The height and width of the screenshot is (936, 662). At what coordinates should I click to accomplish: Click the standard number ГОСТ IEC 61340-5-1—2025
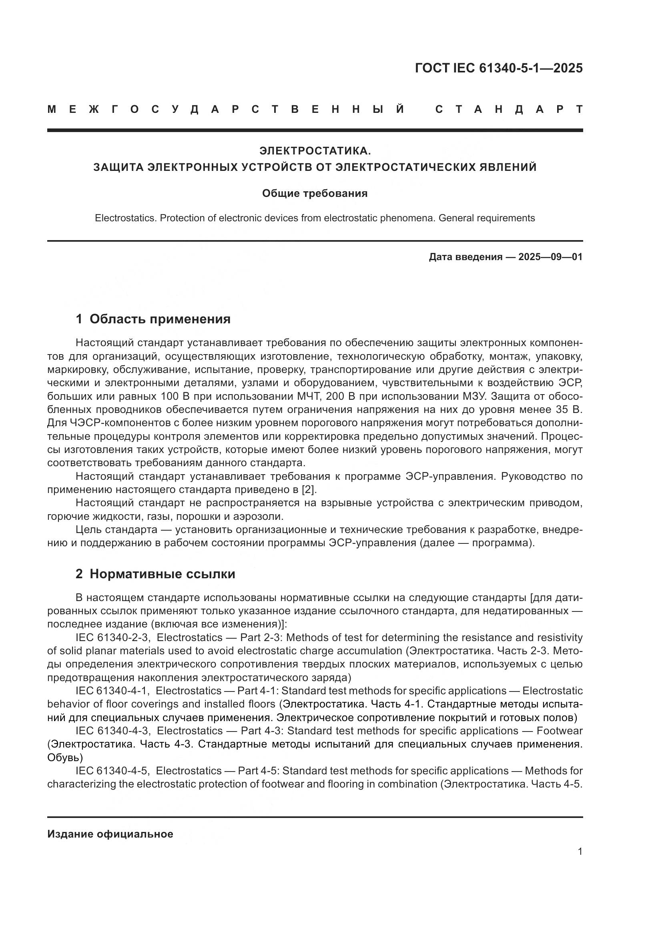[499, 68]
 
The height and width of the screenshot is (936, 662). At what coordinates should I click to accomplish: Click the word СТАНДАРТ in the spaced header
[509, 109]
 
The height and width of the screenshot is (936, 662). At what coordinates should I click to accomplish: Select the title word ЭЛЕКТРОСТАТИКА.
[315, 151]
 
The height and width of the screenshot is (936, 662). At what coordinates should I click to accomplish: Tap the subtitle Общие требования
[315, 193]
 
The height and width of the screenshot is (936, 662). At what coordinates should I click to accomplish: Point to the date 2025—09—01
[550, 257]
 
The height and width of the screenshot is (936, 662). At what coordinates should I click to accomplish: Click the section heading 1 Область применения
[153, 319]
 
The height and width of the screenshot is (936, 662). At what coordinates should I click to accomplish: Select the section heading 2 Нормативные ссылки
[155, 574]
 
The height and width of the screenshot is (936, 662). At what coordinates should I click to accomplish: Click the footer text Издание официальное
[110, 834]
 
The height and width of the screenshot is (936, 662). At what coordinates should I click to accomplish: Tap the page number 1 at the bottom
[580, 851]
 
